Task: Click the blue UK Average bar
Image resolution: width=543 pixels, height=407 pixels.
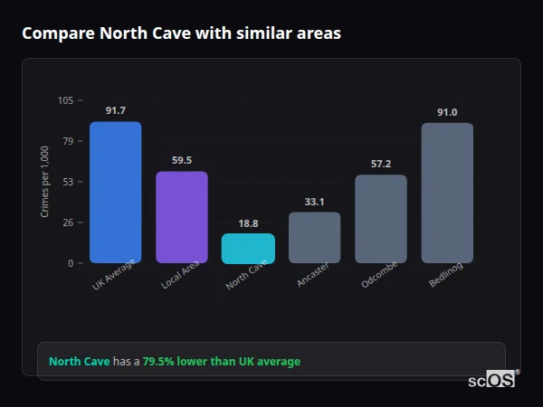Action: [x=115, y=192]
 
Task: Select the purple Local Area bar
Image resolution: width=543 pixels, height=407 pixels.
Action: [x=181, y=217]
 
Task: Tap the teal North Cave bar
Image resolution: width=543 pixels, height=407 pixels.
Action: [x=248, y=249]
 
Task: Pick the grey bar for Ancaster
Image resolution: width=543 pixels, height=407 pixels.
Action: [x=314, y=238]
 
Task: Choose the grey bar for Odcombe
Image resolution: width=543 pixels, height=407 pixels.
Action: [x=380, y=219]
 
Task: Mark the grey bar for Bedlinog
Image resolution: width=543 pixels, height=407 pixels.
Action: [x=447, y=193]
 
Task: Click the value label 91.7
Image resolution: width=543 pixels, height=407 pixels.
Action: [x=115, y=110]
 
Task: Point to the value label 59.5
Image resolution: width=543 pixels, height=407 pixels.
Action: [x=181, y=160]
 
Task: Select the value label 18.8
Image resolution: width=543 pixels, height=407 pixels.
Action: [x=248, y=222]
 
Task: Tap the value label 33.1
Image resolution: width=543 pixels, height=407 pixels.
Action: [x=314, y=201]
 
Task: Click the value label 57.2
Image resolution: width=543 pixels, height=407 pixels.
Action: [x=380, y=164]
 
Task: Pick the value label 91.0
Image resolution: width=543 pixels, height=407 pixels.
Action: [x=447, y=112]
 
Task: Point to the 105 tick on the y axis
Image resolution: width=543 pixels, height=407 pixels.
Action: [x=66, y=100]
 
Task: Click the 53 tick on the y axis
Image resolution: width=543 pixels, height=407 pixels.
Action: [x=68, y=182]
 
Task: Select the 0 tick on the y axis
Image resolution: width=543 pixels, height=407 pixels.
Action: [x=71, y=263]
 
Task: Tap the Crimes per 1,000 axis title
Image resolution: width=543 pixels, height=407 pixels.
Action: [x=45, y=182]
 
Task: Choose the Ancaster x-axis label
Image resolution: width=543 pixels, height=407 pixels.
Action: [x=312, y=275]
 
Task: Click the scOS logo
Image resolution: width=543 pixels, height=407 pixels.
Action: [x=492, y=380]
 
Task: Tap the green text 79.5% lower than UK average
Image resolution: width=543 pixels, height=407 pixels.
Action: [x=221, y=362]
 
